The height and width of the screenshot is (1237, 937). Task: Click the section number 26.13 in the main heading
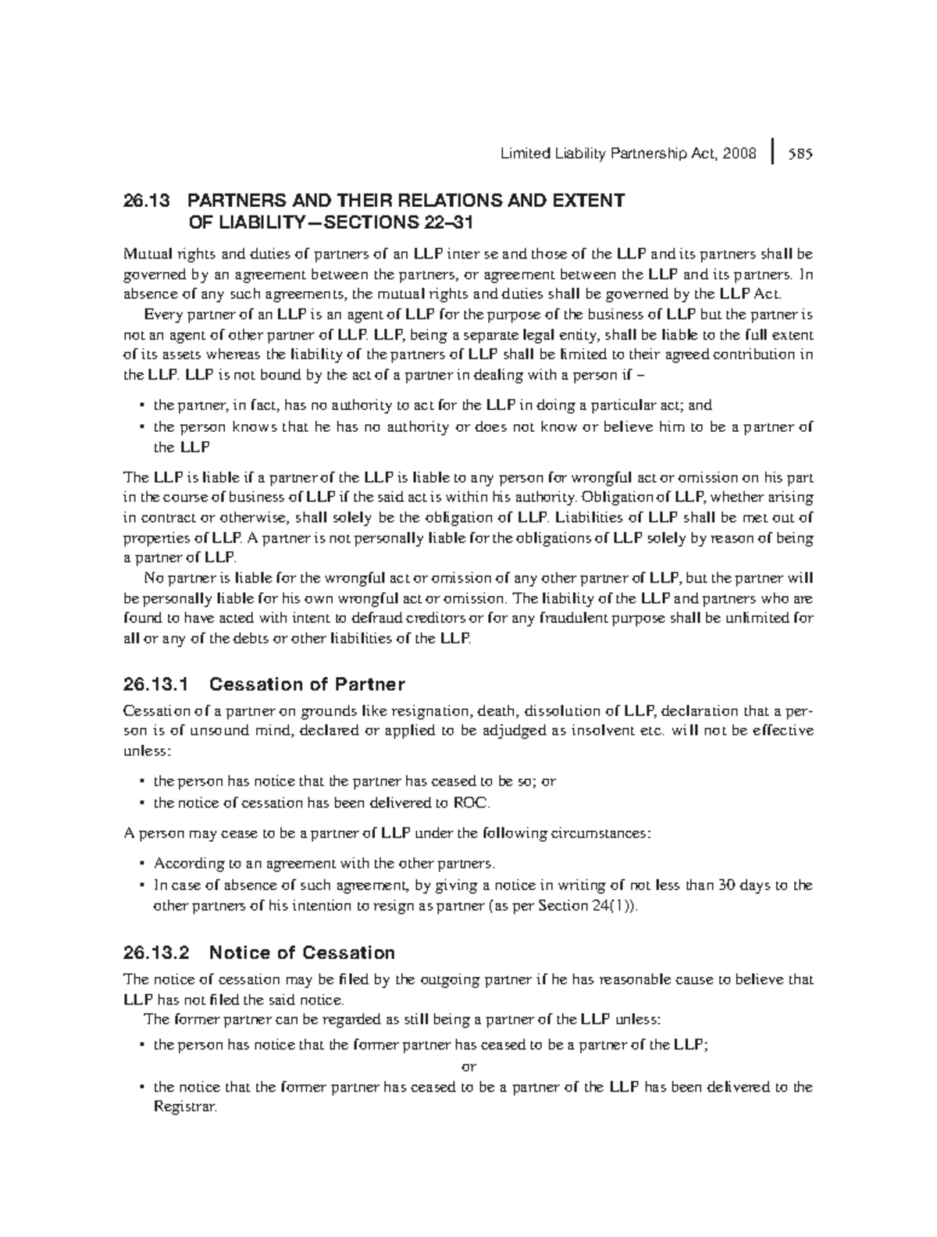tap(145, 201)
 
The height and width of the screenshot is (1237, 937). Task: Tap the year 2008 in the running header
tap(739, 154)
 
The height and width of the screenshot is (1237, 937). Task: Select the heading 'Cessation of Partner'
tap(308, 685)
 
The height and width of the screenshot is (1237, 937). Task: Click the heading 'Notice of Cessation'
tap(302, 953)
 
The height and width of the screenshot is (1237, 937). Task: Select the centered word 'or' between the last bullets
tap(468, 1066)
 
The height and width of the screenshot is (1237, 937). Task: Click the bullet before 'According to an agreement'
tap(141, 864)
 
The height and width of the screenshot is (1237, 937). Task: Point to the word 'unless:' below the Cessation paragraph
tap(146, 750)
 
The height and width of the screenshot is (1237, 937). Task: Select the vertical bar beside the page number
tap(772, 153)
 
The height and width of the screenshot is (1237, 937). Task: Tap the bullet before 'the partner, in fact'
tap(141, 406)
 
